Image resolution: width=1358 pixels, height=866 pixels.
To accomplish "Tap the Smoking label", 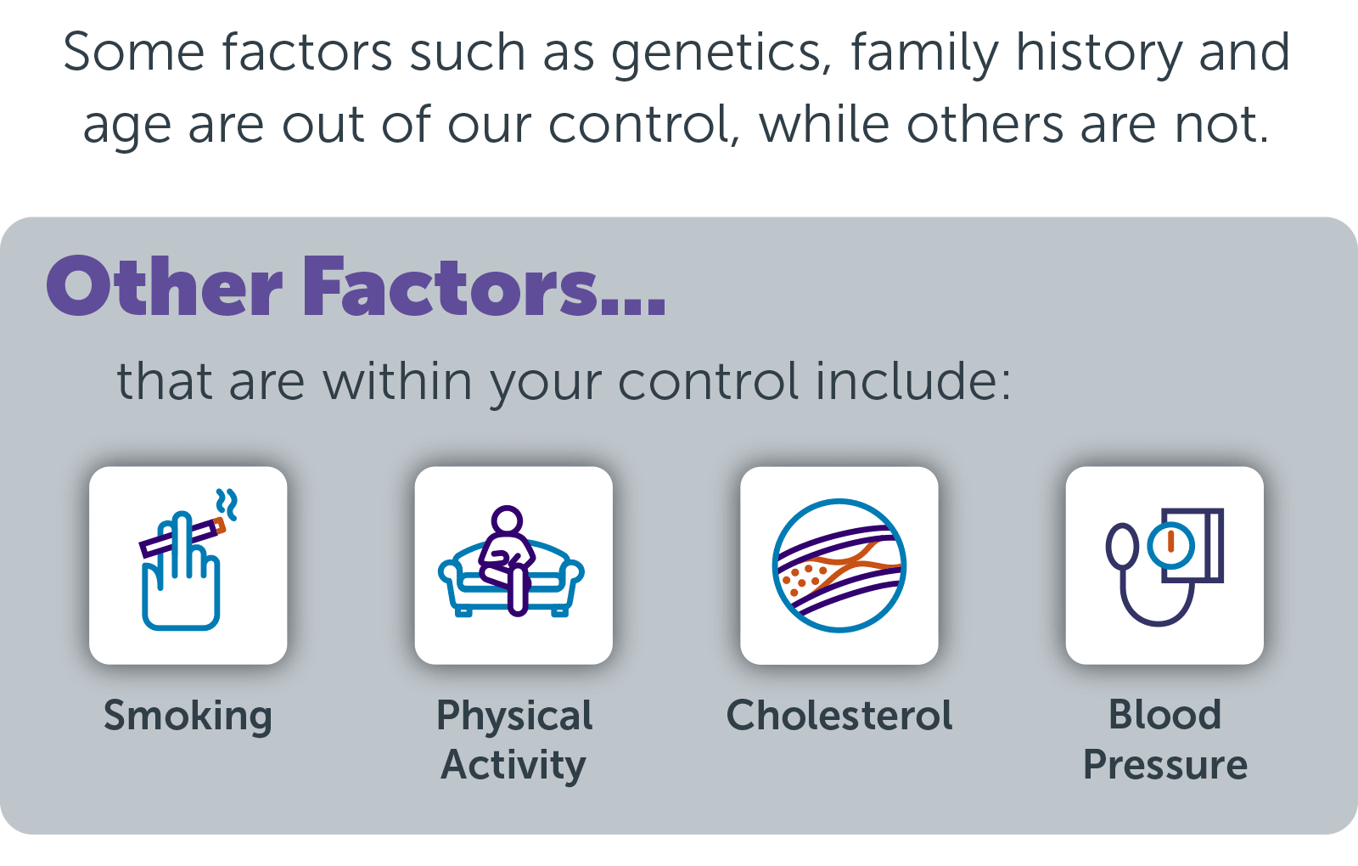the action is click(x=188, y=717).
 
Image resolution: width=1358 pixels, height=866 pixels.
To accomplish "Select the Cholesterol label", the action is click(x=839, y=715).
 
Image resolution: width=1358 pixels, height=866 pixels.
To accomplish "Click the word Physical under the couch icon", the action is click(x=514, y=717).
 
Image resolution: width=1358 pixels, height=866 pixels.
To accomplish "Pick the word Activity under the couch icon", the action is click(x=513, y=765).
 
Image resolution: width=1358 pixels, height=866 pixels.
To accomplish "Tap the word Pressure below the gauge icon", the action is click(x=1165, y=764).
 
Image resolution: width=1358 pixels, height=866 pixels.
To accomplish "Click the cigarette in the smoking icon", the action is click(x=182, y=537).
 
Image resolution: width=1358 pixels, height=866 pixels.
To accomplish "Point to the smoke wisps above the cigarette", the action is click(x=227, y=504).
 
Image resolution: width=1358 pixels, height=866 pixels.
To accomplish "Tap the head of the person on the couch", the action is click(x=507, y=520).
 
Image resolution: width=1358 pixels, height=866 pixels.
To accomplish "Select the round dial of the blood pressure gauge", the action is click(x=1170, y=546).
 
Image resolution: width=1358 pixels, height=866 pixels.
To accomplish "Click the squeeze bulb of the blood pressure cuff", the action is click(x=1122, y=546).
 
